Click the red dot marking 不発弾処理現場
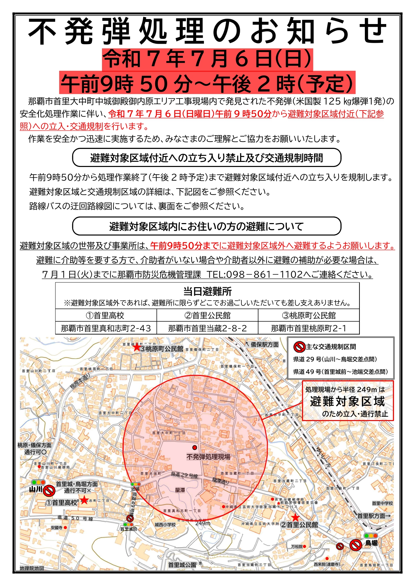click(x=195, y=447)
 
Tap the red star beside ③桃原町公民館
click(x=136, y=348)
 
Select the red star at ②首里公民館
click(x=295, y=518)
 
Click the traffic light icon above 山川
click(x=38, y=482)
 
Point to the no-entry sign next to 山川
click(x=49, y=491)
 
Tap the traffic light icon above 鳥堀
click(x=371, y=536)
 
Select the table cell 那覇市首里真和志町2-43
click(x=106, y=328)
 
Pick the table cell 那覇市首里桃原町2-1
click(x=309, y=328)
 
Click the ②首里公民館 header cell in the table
click(x=207, y=316)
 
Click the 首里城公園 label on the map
click(x=182, y=565)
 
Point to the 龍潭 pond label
click(x=180, y=490)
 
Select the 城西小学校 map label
click(x=165, y=525)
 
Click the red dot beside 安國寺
click(x=66, y=528)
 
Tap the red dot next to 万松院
click(x=304, y=547)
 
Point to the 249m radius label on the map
click(x=203, y=523)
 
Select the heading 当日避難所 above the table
click(x=207, y=291)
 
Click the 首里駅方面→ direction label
click(x=374, y=516)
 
